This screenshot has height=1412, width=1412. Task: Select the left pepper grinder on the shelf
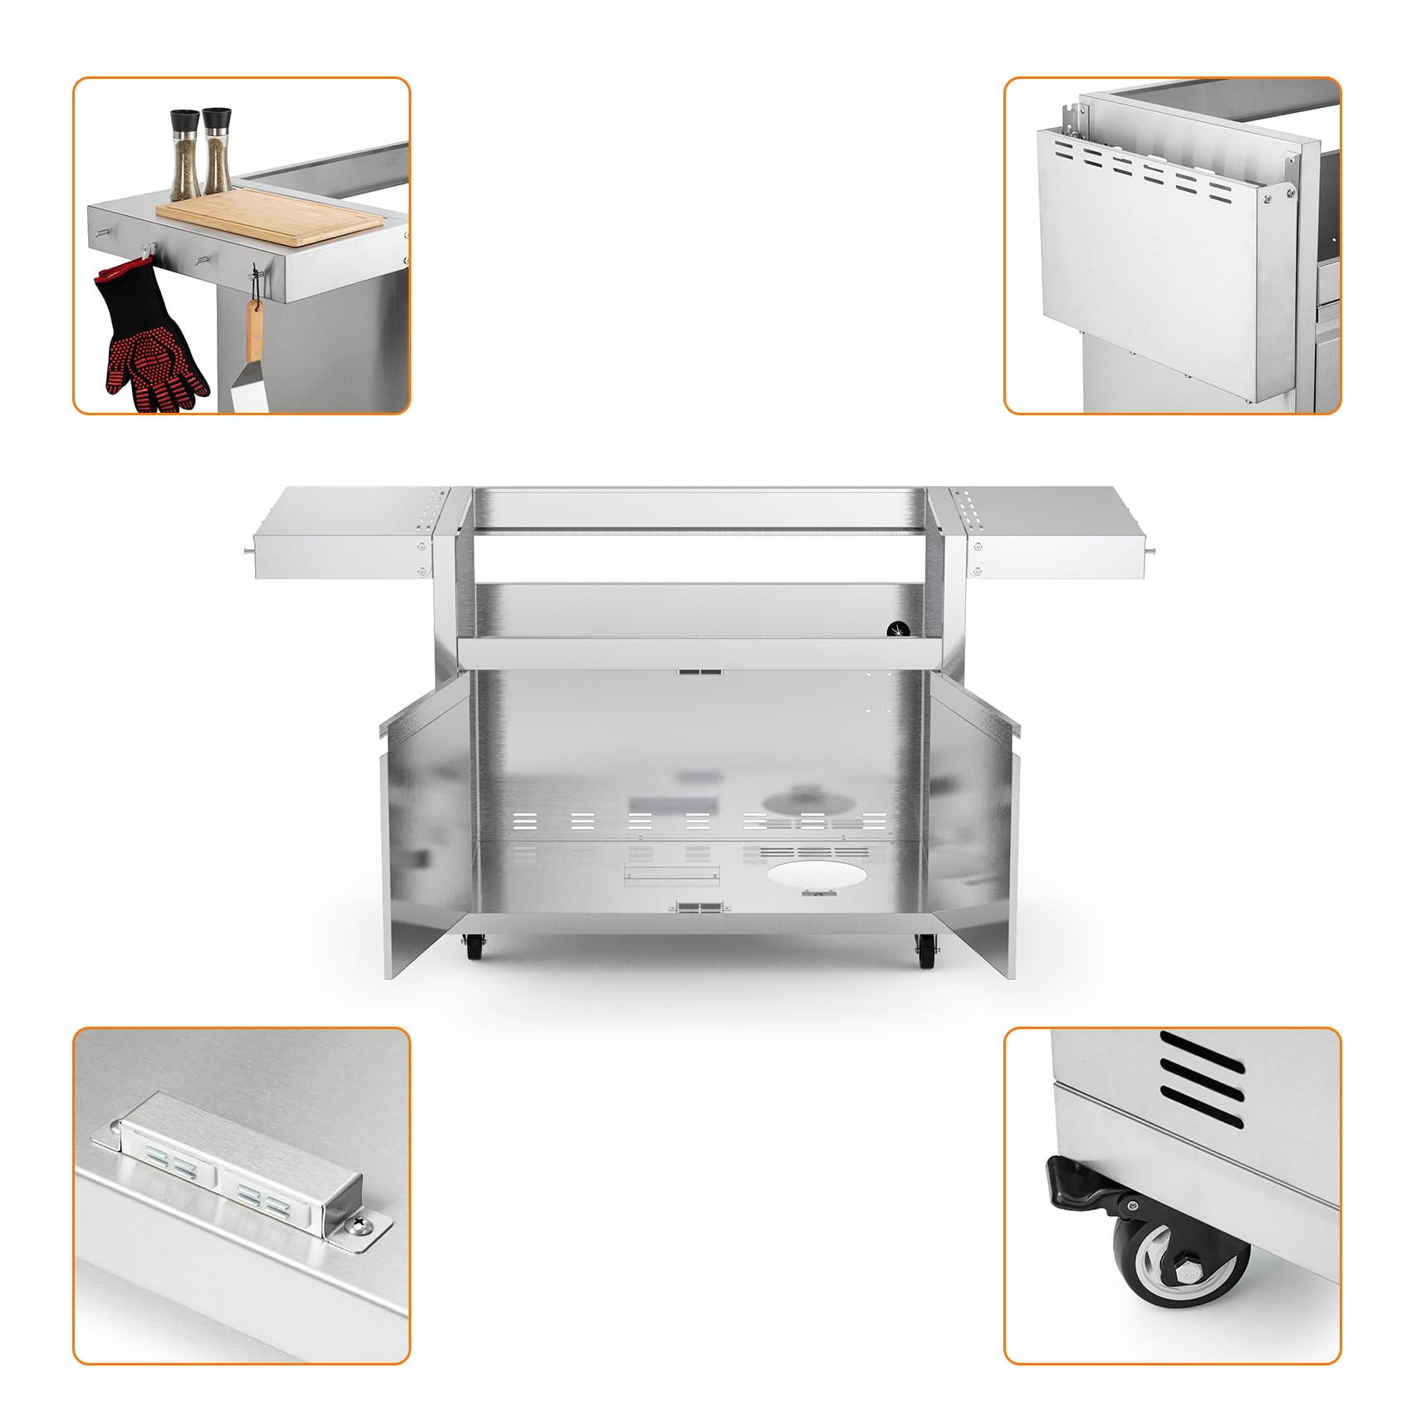[x=185, y=154]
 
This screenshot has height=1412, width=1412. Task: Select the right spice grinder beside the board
[x=218, y=151]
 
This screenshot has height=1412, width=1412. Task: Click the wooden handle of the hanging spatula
[x=253, y=328]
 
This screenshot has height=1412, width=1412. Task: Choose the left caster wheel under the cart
[x=474, y=946]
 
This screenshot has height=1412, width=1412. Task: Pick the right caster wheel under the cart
[x=924, y=950]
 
